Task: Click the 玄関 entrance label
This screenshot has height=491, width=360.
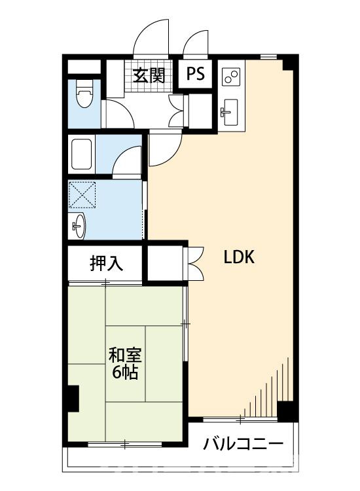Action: tap(149, 75)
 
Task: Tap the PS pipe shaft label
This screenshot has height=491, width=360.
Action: tap(196, 74)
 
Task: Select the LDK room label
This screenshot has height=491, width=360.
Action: tap(240, 257)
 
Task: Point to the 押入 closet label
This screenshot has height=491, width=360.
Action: tap(107, 263)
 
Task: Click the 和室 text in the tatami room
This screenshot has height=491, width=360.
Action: tap(125, 355)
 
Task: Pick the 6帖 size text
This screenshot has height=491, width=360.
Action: tap(125, 372)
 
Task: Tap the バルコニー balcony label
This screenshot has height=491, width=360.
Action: tap(243, 444)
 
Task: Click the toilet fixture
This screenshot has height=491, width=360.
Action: tap(85, 94)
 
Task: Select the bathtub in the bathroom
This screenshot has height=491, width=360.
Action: tap(82, 154)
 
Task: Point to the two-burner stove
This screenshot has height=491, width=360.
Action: tap(231, 77)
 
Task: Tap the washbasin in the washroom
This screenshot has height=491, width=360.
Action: tap(78, 225)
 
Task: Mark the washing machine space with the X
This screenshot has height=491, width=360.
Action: tap(82, 194)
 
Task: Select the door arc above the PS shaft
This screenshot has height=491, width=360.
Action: tap(192, 39)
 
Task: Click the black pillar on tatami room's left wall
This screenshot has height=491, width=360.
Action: tap(73, 398)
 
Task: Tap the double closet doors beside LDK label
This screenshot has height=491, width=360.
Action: tap(195, 264)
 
